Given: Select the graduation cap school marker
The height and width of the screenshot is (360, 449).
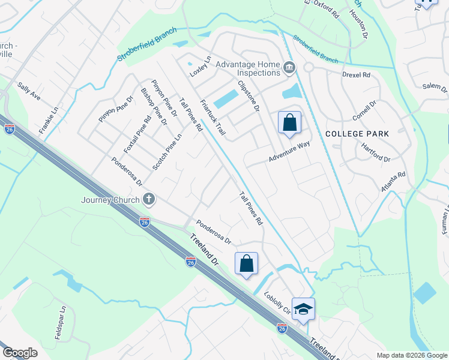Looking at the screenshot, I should pos(303,309).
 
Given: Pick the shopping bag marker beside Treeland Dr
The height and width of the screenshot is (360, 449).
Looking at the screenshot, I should pos(246,263).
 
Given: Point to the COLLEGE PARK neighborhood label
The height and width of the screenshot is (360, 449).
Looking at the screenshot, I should pos(358,134).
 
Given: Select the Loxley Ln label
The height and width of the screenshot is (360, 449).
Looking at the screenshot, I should pos(201,67).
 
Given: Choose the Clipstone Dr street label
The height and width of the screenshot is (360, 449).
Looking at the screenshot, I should pos(248,96).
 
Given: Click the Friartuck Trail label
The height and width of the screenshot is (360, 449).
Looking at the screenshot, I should pos(212,116).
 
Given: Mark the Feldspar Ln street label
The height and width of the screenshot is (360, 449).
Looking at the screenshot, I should pos(61,323).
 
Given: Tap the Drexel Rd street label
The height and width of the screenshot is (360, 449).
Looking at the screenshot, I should pos(357,76).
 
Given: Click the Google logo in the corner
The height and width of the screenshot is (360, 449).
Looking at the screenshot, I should pos(20,353).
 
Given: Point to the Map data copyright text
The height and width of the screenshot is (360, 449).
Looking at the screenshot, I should pos(411,355).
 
